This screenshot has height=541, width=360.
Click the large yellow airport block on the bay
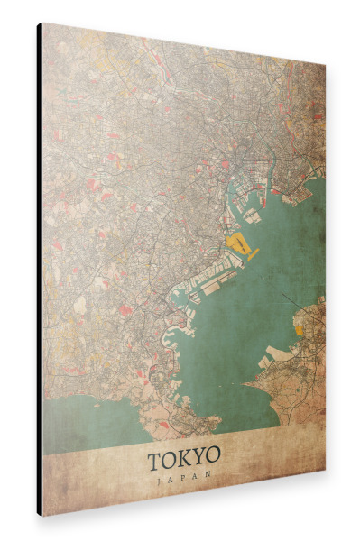click(x=238, y=243)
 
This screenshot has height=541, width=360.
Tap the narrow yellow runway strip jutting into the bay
click(x=253, y=255)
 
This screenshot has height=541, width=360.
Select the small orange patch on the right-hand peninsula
click(x=300, y=330)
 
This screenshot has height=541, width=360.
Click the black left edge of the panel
click(x=39, y=270)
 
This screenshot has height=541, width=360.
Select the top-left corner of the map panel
click(x=42, y=24)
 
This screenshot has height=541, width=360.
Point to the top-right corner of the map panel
click(x=325, y=65)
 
